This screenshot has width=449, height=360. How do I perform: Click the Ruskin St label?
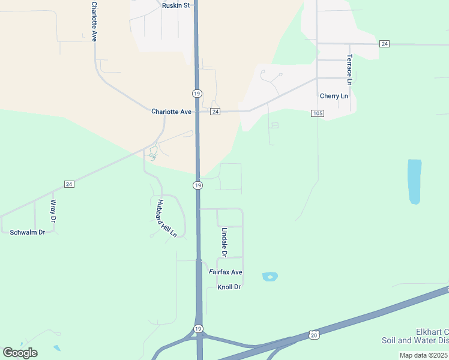pos(176,5)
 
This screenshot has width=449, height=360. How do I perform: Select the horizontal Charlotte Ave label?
pos(171,112)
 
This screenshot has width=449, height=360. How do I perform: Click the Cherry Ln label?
pos(334,96)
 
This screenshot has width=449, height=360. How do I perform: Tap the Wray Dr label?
pos(53,211)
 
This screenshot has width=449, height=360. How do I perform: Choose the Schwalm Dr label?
pos(28,232)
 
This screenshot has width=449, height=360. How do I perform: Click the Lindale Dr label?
pos(224,242)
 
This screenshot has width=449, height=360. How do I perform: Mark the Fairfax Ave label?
pos(226,272)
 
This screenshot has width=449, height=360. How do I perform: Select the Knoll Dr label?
pos(229,287)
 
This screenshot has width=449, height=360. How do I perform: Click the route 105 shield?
pos(318,113)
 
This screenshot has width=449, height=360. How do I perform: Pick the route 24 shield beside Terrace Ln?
pos(385,44)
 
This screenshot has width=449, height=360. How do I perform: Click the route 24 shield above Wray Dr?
pos(69,184)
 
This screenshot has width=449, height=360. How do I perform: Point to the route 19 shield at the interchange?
pos(197,329)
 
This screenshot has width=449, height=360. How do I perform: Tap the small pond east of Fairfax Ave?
pos(270,277)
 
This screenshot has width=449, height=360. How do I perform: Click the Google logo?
pos(20,353)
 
